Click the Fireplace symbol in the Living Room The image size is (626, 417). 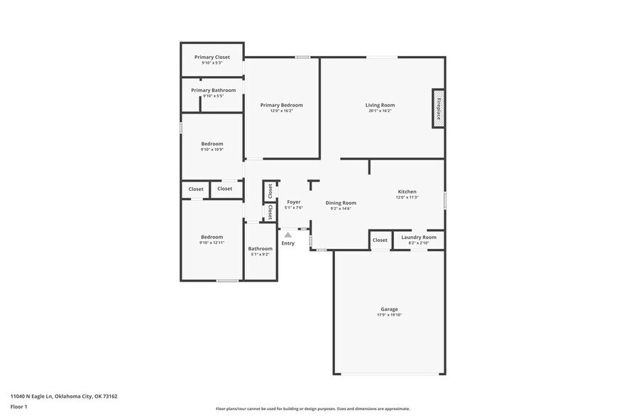(x=439, y=109)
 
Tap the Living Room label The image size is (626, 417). (x=380, y=105)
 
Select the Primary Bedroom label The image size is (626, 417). (x=281, y=105)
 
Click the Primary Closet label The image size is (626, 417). (x=212, y=57)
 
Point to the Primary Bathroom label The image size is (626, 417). (x=213, y=90)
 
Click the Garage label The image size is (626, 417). (x=389, y=308)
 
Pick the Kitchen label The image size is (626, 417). (x=407, y=191)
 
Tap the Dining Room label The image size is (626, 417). (x=341, y=203)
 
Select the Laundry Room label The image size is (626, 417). (x=419, y=237)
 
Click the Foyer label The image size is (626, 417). (x=293, y=202)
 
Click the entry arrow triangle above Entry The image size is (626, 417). (x=287, y=235)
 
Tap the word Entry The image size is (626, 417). (x=287, y=243)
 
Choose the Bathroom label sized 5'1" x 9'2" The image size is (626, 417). (x=260, y=248)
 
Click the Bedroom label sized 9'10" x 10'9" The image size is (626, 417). (x=212, y=144)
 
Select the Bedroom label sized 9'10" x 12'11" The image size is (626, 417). (x=212, y=237)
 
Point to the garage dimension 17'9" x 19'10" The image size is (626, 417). (x=389, y=315)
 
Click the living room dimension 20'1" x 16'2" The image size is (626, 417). (x=380, y=111)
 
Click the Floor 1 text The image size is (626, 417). (x=18, y=406)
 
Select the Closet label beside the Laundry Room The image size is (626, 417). (x=380, y=240)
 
